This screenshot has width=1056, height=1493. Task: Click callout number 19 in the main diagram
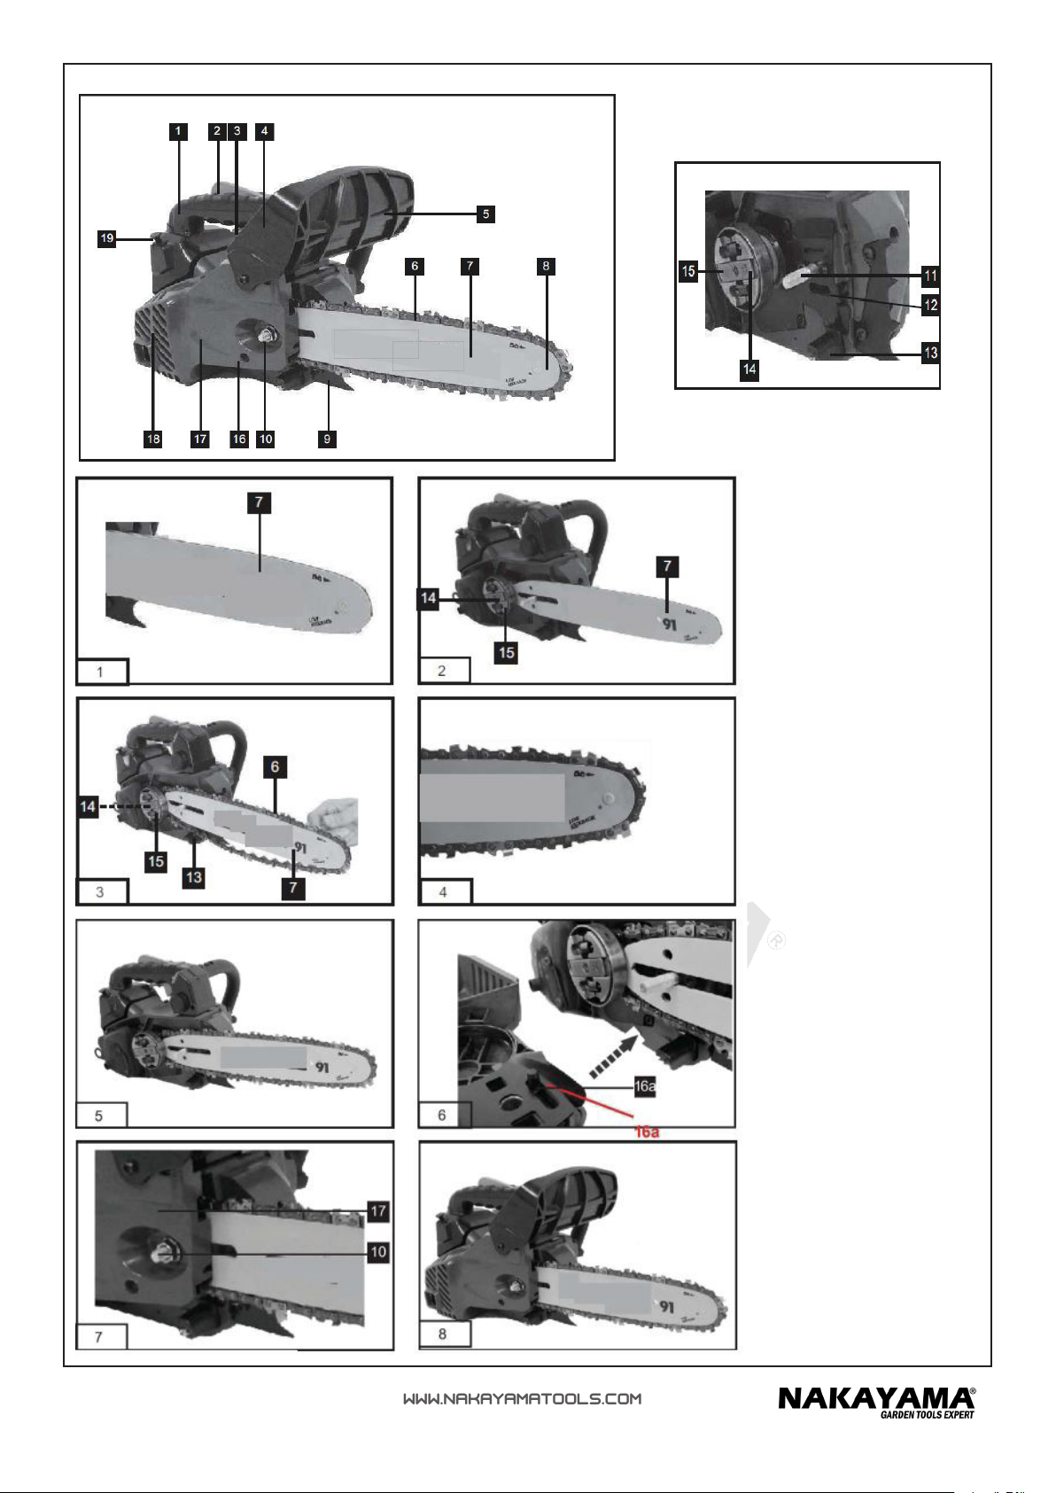point(107,238)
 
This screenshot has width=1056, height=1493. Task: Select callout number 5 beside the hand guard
point(485,214)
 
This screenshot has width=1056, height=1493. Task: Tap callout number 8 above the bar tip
point(547,265)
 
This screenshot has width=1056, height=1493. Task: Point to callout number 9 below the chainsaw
point(328,439)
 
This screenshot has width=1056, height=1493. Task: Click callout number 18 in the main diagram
point(153,439)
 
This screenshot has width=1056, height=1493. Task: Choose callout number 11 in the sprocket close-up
point(930,276)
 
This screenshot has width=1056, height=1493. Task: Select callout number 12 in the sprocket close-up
point(930,305)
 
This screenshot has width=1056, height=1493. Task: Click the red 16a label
point(647,1131)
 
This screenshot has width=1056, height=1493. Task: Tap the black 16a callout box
point(645,1086)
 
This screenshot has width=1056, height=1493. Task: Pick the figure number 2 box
point(442,671)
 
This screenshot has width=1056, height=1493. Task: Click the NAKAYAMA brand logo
point(875,1398)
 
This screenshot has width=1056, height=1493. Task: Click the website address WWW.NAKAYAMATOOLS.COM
point(522,1399)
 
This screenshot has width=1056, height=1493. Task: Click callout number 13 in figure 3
point(193,877)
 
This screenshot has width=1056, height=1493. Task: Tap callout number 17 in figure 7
point(378,1210)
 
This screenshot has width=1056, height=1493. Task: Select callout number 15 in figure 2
point(506,653)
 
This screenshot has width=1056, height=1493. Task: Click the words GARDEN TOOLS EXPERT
point(927,1415)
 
